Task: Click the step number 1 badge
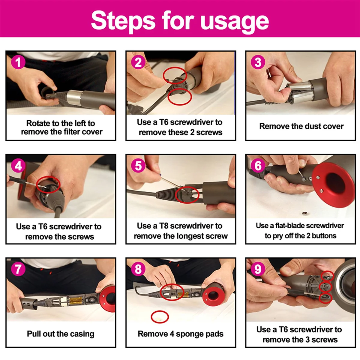tap(18, 62)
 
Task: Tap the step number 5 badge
tap(138, 166)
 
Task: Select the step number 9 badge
tap(258, 269)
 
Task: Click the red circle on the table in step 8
tap(160, 317)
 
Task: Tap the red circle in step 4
tap(48, 185)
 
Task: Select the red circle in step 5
tap(187, 194)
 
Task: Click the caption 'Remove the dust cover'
tap(301, 126)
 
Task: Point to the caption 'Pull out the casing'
tap(61, 334)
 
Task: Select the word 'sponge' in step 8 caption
tap(187, 334)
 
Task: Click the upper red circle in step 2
tap(175, 75)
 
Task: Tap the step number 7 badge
tap(18, 269)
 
